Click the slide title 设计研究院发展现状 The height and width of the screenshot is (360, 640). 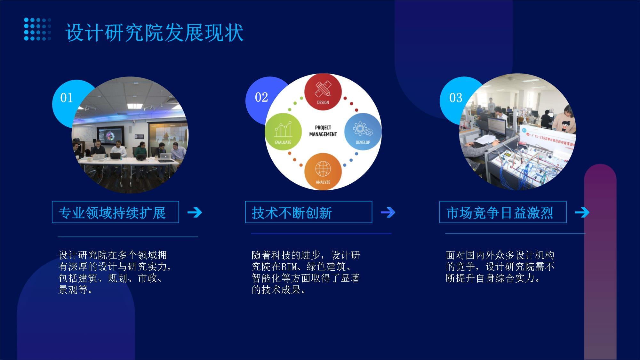(155, 33)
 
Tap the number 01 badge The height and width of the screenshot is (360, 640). (67, 98)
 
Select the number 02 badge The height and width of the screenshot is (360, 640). (261, 97)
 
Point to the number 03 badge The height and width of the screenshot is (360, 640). (456, 98)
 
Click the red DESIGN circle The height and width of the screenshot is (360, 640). (323, 92)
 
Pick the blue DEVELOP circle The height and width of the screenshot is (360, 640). (363, 131)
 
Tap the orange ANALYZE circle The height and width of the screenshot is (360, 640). (323, 172)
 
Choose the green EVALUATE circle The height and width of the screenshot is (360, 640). (283, 131)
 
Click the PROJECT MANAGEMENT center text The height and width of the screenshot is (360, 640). (323, 131)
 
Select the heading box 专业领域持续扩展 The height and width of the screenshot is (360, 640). (115, 212)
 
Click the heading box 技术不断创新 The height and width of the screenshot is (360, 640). (308, 212)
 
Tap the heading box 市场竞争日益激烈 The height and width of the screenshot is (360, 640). (503, 212)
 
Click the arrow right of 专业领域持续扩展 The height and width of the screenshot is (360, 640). (195, 212)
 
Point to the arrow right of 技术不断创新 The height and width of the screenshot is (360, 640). (388, 212)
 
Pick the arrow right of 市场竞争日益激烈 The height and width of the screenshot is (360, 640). (582, 212)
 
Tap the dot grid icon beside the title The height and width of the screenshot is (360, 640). (37, 29)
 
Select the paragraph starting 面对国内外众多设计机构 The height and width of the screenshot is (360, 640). (500, 267)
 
